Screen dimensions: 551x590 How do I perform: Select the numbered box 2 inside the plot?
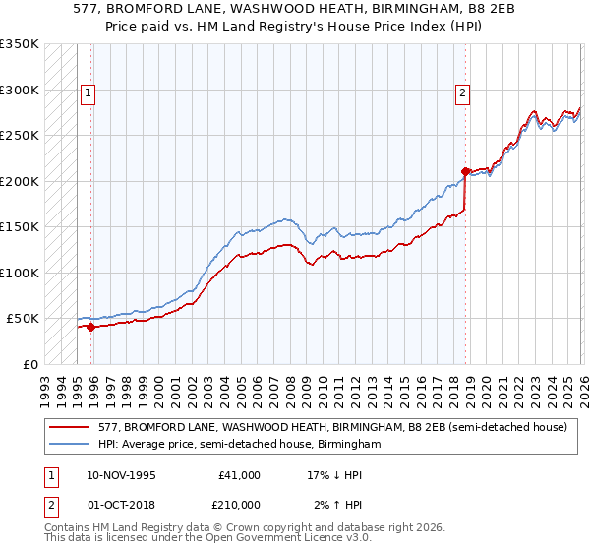(461, 93)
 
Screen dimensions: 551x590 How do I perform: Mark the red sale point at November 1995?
(90, 328)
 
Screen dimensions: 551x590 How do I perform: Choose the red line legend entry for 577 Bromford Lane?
(332, 428)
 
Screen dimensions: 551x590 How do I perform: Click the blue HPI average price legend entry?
(239, 445)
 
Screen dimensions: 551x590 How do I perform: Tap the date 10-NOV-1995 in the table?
(121, 475)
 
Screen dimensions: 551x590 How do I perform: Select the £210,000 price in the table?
(239, 505)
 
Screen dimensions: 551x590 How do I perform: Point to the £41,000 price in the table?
(239, 475)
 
